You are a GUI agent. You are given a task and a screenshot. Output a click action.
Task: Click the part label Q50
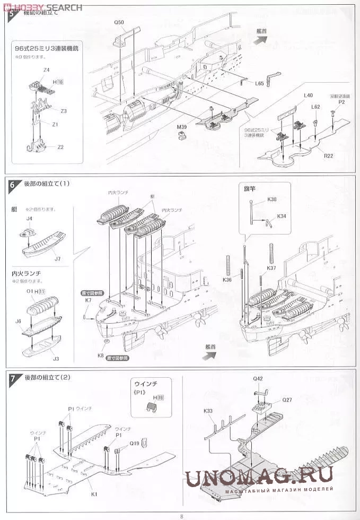click(x=119, y=23)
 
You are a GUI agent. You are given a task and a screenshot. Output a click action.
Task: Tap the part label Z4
click(x=47, y=70)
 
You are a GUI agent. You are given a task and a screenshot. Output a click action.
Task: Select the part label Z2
click(x=60, y=147)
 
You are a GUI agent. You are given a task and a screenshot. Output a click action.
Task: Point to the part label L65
click(x=259, y=83)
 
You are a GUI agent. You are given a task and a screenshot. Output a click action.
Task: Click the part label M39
click(x=183, y=127)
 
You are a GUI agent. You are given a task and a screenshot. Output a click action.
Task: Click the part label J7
click(x=57, y=258)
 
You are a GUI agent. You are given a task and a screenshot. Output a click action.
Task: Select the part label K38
click(x=272, y=199)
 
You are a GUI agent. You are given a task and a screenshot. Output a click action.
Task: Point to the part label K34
click(x=281, y=216)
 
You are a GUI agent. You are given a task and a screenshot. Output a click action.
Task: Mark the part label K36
click(x=227, y=280)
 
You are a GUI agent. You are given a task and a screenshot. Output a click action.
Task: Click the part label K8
click(x=100, y=356)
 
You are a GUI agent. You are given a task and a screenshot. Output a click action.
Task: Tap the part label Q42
click(x=258, y=378)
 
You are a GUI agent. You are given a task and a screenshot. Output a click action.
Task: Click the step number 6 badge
click(x=12, y=185)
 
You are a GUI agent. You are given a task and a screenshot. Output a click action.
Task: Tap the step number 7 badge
click(x=12, y=378)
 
